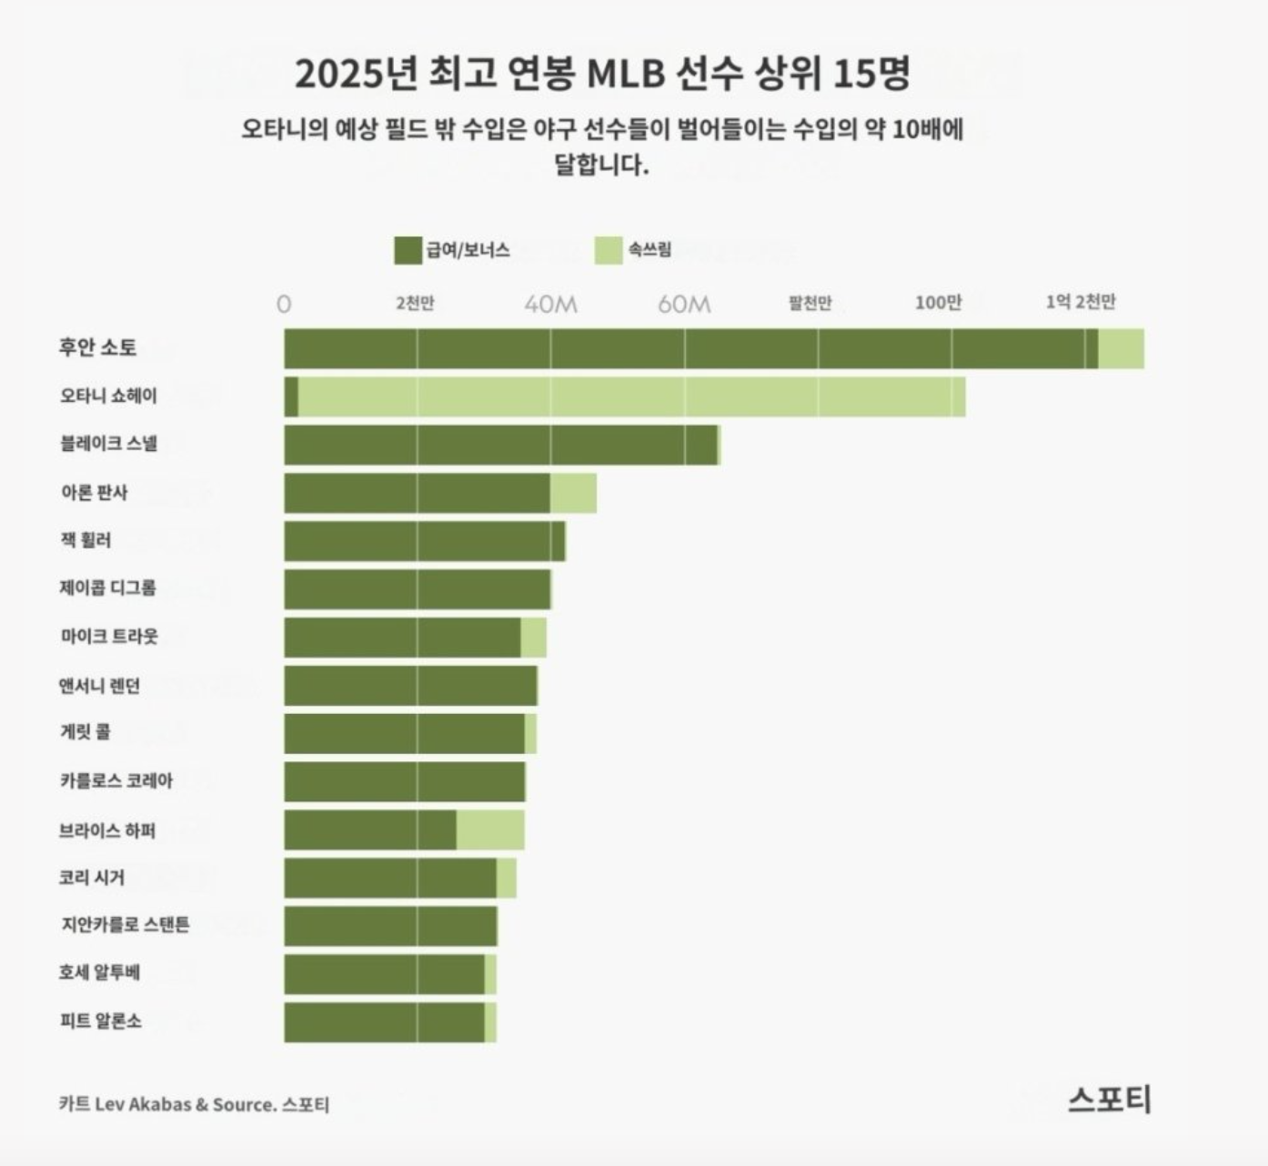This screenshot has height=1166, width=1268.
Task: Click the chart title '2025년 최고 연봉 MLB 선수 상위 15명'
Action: pyautogui.click(x=602, y=74)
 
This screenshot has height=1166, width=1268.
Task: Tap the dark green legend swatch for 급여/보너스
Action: pyautogui.click(x=408, y=250)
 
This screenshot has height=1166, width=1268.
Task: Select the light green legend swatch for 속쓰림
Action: pyautogui.click(x=609, y=250)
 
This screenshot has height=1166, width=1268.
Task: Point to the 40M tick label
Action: pyautogui.click(x=550, y=304)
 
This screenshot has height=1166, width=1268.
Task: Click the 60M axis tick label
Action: pyautogui.click(x=684, y=304)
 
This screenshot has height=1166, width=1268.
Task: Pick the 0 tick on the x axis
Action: pyautogui.click(x=284, y=304)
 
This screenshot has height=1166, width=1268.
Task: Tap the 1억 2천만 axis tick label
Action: pyautogui.click(x=1081, y=302)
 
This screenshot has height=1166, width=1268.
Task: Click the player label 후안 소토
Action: pyautogui.click(x=98, y=347)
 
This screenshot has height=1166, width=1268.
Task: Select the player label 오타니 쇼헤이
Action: pyautogui.click(x=108, y=396)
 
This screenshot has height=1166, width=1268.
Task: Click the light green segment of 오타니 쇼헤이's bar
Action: pyautogui.click(x=631, y=397)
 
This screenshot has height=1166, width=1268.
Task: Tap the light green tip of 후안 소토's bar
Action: pyautogui.click(x=1121, y=348)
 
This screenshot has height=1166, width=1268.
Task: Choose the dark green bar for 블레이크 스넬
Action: pyautogui.click(x=500, y=445)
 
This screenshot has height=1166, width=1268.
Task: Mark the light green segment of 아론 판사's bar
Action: pyautogui.click(x=573, y=493)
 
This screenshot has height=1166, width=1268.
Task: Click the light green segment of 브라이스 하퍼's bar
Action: pyautogui.click(x=490, y=829)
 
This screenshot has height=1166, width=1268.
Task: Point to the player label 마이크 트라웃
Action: pyautogui.click(x=109, y=637)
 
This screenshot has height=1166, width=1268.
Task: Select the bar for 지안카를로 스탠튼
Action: pyautogui.click(x=390, y=926)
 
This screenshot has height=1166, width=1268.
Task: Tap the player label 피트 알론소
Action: pyautogui.click(x=101, y=1021)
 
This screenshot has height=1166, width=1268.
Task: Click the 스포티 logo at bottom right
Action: pyautogui.click(x=1109, y=1100)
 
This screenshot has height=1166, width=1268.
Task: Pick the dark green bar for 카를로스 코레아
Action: pyautogui.click(x=404, y=781)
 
